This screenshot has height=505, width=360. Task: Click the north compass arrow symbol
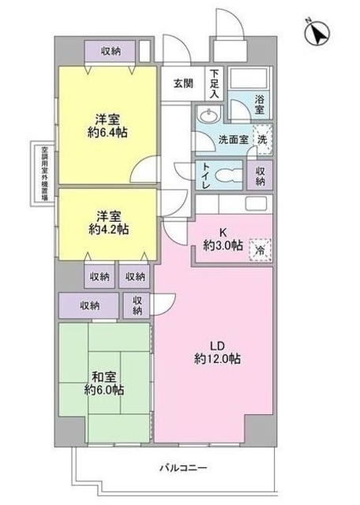click(x=317, y=34)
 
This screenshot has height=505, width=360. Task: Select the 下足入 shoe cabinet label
click(x=214, y=81)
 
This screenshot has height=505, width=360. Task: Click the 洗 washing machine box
click(x=263, y=135)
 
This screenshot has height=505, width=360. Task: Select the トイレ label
click(x=204, y=173)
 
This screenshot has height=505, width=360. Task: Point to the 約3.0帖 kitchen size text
click(x=223, y=245)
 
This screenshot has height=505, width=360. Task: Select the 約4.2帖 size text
click(x=109, y=229)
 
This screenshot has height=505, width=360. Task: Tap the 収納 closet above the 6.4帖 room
click(x=111, y=51)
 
